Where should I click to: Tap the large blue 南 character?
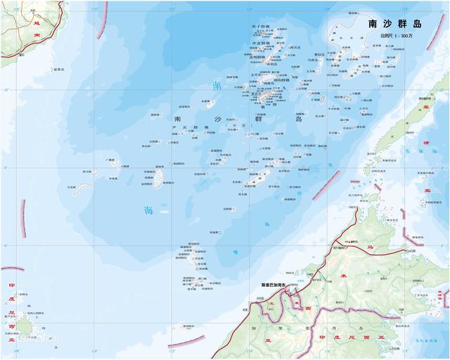217,86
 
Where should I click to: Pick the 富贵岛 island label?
59,70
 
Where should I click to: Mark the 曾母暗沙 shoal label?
188,326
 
